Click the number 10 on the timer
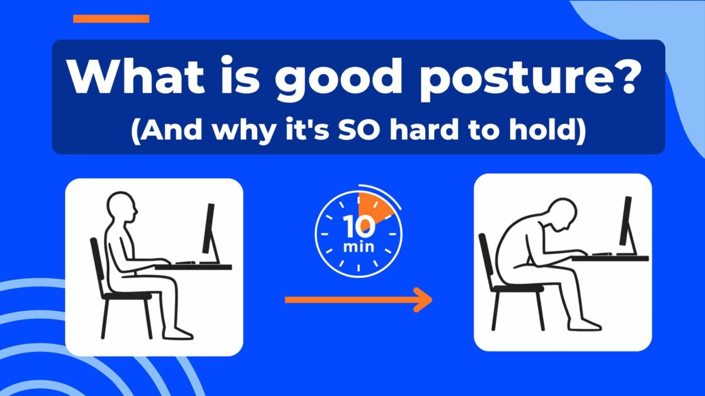click(x=358, y=226)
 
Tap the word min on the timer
click(x=358, y=246)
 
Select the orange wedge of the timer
click(x=374, y=207)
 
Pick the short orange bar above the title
click(x=111, y=19)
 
